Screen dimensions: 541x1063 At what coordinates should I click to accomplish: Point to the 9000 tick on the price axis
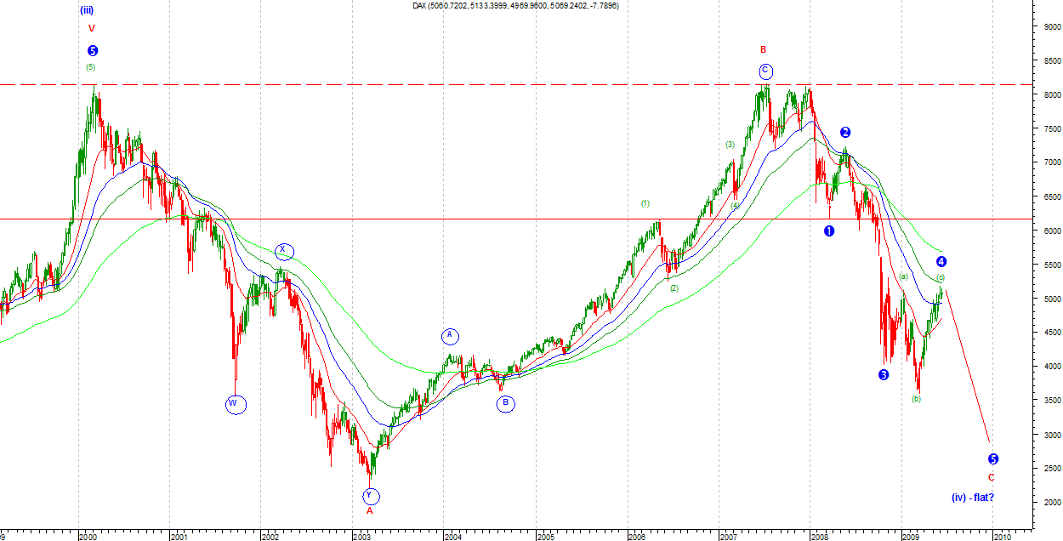pos(1046,27)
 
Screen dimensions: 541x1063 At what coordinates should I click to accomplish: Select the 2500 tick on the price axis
pos(1046,469)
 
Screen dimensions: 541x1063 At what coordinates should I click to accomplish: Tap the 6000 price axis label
pos(1046,231)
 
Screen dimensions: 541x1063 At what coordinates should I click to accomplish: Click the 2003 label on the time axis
pos(361,537)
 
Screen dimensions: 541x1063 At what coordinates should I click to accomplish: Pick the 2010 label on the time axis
pos(1002,537)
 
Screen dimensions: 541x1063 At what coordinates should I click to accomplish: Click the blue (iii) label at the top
pos(87,10)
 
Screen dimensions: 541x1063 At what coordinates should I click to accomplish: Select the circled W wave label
pos(236,405)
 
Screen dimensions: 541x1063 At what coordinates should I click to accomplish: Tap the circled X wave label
pos(284,251)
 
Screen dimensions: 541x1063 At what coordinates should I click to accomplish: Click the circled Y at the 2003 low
pos(372,496)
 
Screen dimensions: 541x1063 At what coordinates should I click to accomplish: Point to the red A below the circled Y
pos(369,511)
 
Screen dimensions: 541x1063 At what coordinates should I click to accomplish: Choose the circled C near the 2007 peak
pos(765,71)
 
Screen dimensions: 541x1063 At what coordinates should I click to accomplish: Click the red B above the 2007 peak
pos(764,50)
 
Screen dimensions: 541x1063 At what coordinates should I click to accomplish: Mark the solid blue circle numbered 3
pos(884,375)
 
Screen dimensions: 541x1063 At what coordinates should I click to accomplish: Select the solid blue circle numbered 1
pos(829,231)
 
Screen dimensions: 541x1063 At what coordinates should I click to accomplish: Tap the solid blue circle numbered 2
pos(845,132)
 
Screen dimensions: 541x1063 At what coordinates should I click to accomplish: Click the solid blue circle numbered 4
pos(941,262)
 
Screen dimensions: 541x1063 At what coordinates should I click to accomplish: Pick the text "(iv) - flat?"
pos(972,497)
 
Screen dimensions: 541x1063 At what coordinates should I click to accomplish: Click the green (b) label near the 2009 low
pos(916,399)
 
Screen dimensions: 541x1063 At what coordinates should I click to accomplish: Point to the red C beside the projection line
pos(991,477)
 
